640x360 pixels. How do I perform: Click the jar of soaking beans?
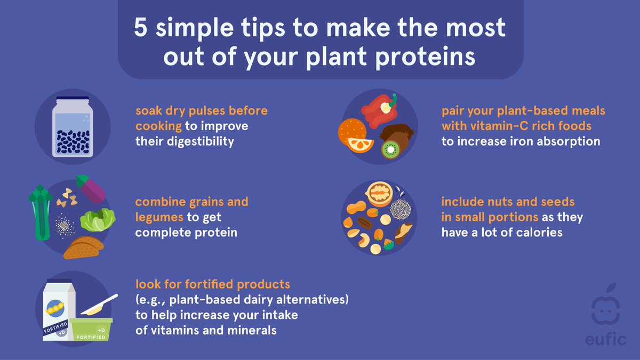pos(73,127)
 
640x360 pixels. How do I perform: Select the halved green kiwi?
pos(390,149)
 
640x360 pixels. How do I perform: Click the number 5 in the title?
pos(140,28)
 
